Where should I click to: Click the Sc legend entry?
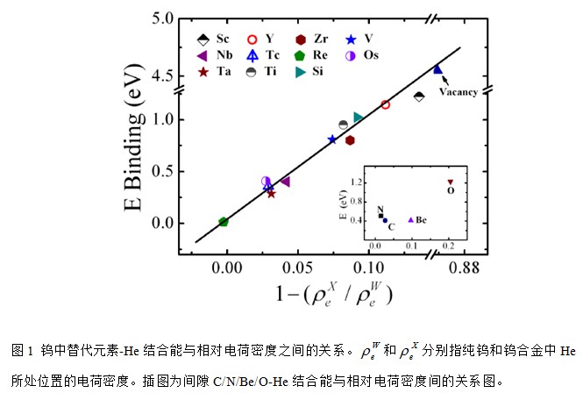tap(214, 39)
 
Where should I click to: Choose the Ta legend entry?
tap(214, 72)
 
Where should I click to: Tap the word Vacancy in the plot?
tap(458, 90)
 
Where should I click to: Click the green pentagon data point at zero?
tap(224, 222)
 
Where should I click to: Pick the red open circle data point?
tap(386, 104)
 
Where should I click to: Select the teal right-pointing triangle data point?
tap(359, 117)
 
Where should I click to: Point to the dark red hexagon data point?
tap(350, 139)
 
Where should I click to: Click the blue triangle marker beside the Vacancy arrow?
tap(438, 69)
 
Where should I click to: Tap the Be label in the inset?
tap(421, 219)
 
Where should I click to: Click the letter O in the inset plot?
tap(451, 189)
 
